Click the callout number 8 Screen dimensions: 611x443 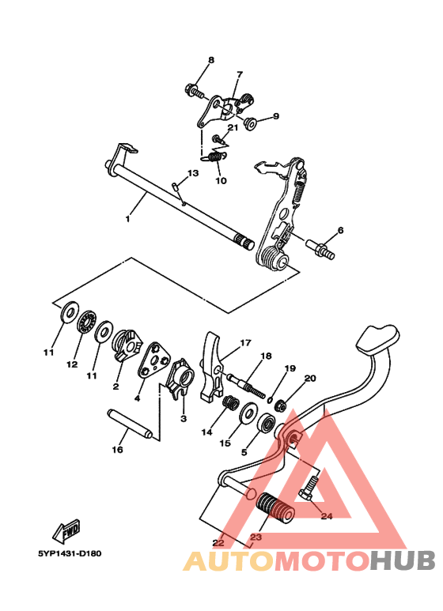(211, 61)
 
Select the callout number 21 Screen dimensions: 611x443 (233, 127)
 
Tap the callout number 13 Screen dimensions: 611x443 (193, 173)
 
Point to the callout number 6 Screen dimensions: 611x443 (340, 231)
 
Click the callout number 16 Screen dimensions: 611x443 (117, 450)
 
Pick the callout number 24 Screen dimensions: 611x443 (327, 516)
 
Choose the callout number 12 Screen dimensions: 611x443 (72, 364)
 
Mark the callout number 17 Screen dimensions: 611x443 (245, 343)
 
